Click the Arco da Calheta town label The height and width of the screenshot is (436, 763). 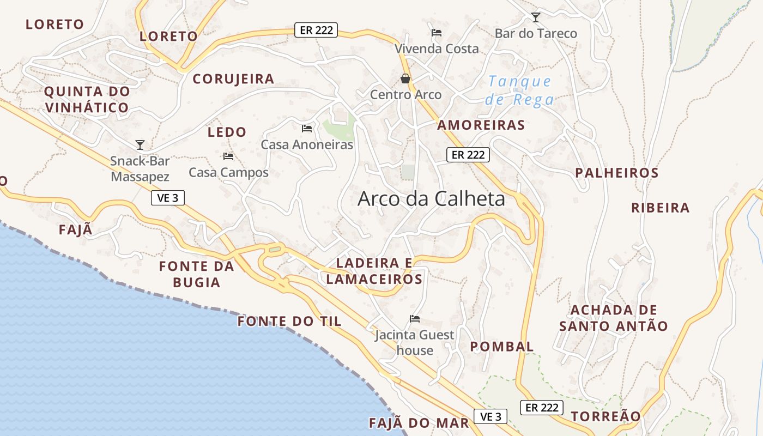(x=431, y=199)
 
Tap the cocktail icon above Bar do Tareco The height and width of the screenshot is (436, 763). (x=536, y=17)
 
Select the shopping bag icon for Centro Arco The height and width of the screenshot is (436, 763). (x=405, y=78)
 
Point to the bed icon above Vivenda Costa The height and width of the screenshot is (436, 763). (x=437, y=33)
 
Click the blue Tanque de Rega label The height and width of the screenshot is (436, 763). (x=520, y=90)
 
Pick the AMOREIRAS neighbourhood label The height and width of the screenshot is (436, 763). (x=481, y=125)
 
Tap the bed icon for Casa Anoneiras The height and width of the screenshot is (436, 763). (x=307, y=129)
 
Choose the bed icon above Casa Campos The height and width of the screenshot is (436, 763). (x=228, y=156)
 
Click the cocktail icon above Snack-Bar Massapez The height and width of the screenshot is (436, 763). (x=140, y=145)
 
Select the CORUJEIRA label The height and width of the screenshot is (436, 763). (x=233, y=79)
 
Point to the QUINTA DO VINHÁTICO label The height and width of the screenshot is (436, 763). (x=87, y=99)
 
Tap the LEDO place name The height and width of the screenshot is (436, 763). (x=227, y=132)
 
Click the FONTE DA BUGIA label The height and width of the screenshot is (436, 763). (x=196, y=274)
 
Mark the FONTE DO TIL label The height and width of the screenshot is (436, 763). (x=289, y=322)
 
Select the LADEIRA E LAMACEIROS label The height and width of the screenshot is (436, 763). (x=374, y=271)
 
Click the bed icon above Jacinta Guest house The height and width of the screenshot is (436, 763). (x=415, y=319)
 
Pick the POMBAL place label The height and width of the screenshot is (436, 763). (x=501, y=347)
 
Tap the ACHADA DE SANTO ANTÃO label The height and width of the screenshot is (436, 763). (x=614, y=318)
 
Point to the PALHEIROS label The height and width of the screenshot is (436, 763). (x=617, y=173)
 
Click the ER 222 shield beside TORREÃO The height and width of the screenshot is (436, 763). (x=542, y=407)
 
